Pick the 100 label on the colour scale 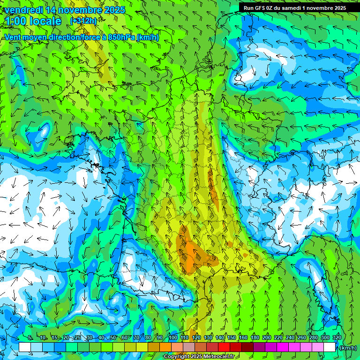point(172,338)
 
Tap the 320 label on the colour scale point(337,338)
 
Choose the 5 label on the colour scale point(30,338)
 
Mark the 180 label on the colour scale point(255,338)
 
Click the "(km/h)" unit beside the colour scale point(348,348)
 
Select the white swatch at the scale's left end point(25,347)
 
